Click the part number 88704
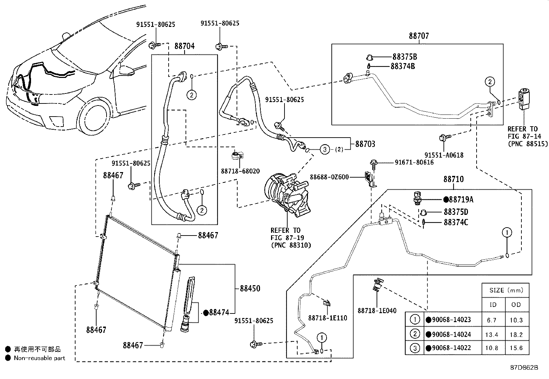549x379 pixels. click(x=184, y=46)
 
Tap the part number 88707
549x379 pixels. click(x=419, y=36)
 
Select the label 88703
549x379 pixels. click(x=365, y=144)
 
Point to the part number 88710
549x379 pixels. click(x=453, y=179)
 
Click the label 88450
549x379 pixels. click(x=250, y=288)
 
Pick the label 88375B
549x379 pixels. click(x=405, y=57)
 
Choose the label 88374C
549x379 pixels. click(x=456, y=222)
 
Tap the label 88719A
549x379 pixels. click(x=458, y=200)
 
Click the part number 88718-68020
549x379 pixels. click(x=240, y=171)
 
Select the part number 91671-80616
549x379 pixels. click(x=414, y=162)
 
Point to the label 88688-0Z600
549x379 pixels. click(x=329, y=177)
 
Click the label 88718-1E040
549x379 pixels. click(x=377, y=311)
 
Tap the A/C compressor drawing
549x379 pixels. click(x=287, y=194)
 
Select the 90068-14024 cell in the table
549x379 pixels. click(x=449, y=335)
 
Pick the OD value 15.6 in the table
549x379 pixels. click(x=516, y=348)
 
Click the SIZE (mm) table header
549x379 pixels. click(x=506, y=290)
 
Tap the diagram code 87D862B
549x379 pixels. click(x=524, y=368)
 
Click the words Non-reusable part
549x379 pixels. click(x=39, y=358)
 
